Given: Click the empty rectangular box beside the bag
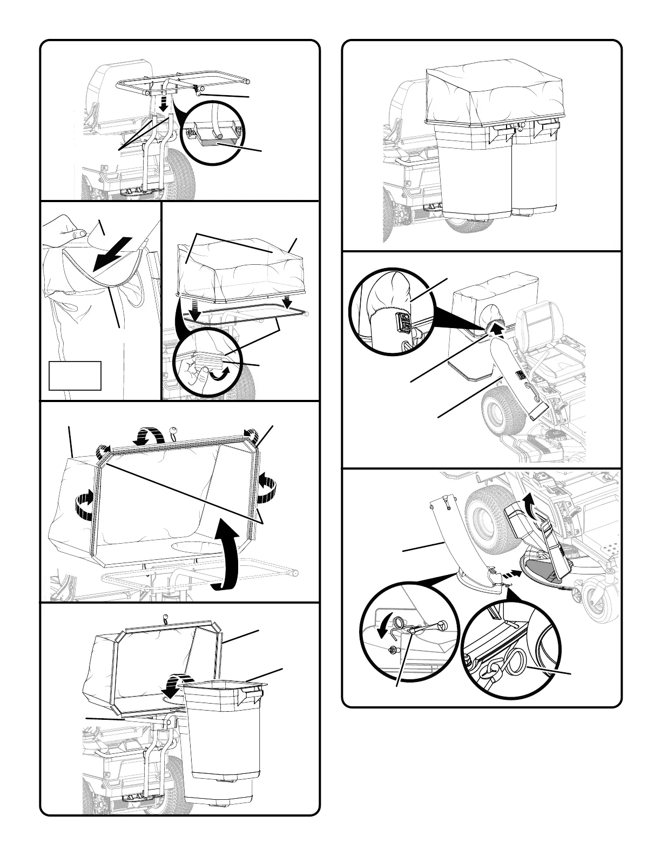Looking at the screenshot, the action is coord(75,375).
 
